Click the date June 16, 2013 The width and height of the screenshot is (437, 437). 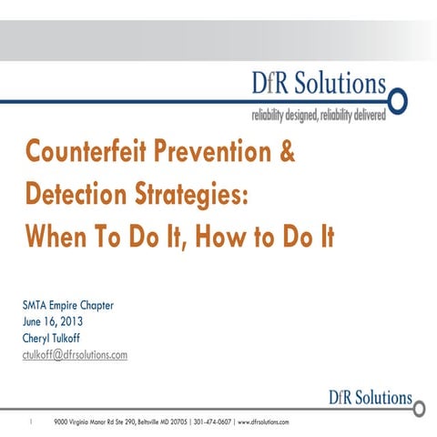[x=49, y=321]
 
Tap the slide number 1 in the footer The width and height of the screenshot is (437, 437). [x=33, y=422]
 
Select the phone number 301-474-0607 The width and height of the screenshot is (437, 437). [x=213, y=422]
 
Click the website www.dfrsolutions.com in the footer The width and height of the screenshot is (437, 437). [x=263, y=422]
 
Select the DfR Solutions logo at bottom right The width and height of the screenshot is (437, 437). [x=370, y=398]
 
